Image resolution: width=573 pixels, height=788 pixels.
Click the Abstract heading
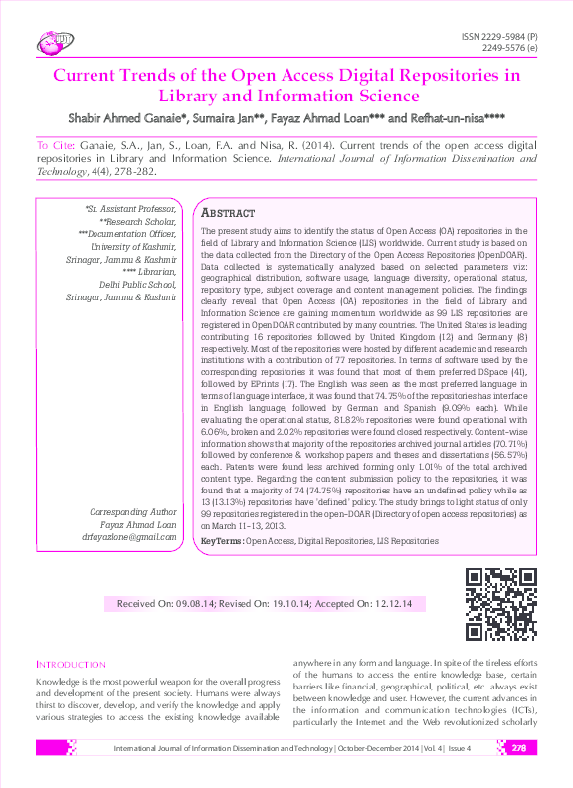point(228,214)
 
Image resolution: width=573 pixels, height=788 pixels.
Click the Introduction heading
point(71,664)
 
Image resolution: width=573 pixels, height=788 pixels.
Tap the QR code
point(501,603)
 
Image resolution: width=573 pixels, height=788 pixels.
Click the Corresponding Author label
point(133,512)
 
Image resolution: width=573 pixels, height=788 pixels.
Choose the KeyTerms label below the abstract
point(221,541)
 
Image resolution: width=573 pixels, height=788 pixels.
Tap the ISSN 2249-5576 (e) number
point(509,48)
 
